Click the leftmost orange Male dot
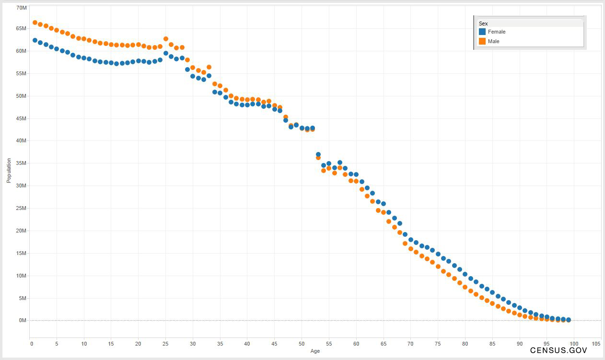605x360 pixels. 35,23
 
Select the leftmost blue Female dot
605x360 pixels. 35,40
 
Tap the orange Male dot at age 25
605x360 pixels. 166,39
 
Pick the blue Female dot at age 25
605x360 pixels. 166,53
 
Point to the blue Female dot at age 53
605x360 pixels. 318,154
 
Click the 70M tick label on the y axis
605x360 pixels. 22,8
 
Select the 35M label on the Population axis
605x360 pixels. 22,163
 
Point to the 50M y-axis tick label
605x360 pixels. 22,96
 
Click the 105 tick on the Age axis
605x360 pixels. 596,344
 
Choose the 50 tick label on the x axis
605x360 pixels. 302,344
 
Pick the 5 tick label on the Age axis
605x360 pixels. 57,344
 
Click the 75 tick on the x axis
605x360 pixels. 438,344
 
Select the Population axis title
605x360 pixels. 9,171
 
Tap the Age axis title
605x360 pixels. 315,351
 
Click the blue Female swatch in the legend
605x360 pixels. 482,32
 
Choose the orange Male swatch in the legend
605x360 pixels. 482,41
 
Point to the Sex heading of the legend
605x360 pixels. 483,23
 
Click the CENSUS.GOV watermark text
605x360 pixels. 558,350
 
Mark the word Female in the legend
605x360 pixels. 497,32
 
